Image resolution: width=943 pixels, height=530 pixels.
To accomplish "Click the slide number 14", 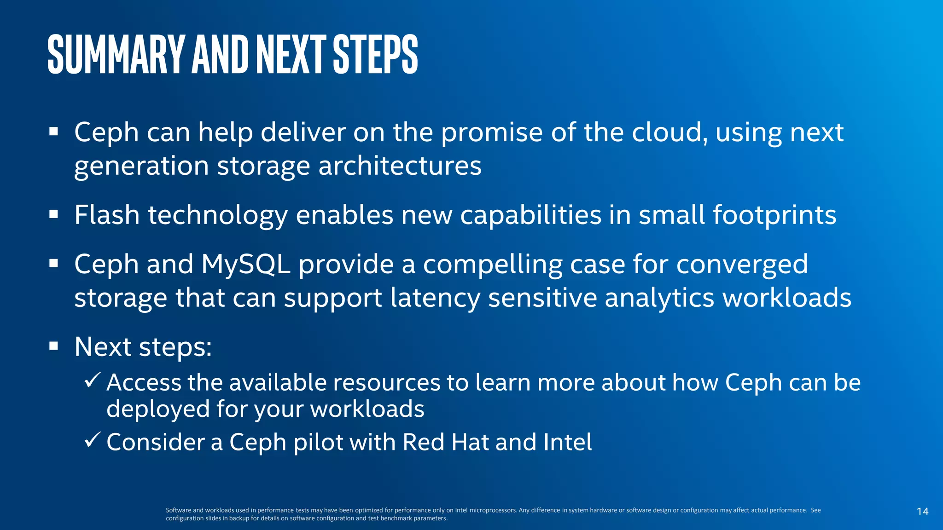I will pyautogui.click(x=922, y=511).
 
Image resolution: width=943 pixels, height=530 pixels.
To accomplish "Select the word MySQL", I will pyautogui.click(x=245, y=265).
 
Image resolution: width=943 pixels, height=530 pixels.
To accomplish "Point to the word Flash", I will pyautogui.click(x=107, y=215).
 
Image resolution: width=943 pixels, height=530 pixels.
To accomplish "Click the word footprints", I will pyautogui.click(x=774, y=216).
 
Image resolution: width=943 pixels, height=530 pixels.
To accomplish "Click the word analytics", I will pyautogui.click(x=659, y=298).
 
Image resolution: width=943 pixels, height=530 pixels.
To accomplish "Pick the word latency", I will pyautogui.click(x=435, y=298).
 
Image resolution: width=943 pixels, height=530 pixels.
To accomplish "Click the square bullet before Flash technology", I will pyautogui.click(x=54, y=214).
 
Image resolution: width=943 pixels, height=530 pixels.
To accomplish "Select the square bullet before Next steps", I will pyautogui.click(x=54, y=346).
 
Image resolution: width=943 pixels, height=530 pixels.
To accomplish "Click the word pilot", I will pyautogui.click(x=318, y=442).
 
